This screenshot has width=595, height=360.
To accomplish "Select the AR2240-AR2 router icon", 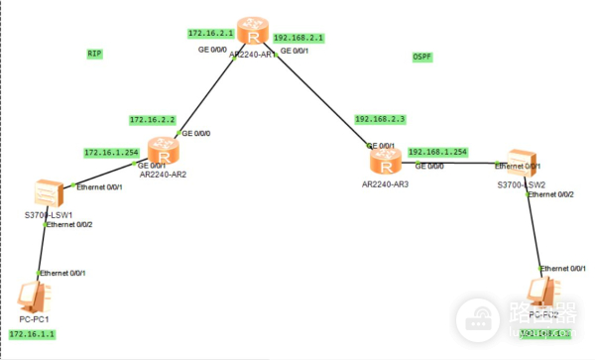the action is tap(164, 152).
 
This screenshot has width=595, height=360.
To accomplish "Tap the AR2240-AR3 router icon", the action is tap(383, 160).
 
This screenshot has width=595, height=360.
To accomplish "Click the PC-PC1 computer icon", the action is tap(34, 295).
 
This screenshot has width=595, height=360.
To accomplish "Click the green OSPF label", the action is tap(422, 58).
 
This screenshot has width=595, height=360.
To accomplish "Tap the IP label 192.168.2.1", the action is tap(298, 38).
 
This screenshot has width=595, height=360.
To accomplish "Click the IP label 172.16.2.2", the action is tap(152, 120).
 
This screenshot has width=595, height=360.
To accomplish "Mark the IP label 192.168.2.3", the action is tap(381, 119).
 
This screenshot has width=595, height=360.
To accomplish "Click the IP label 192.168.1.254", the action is tap(437, 152).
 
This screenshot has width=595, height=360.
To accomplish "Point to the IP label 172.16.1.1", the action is tap(30, 335).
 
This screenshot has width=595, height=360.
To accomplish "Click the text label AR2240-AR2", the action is tap(165, 175).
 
